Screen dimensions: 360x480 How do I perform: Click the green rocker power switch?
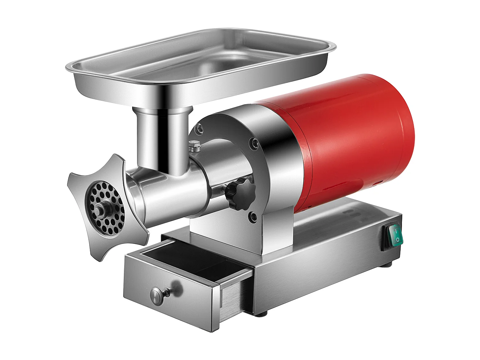click(396, 235)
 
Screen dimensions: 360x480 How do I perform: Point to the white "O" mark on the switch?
click(397, 239)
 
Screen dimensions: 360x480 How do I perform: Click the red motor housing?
click(346, 141)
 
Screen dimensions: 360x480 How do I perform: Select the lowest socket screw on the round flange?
click(253, 217)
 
